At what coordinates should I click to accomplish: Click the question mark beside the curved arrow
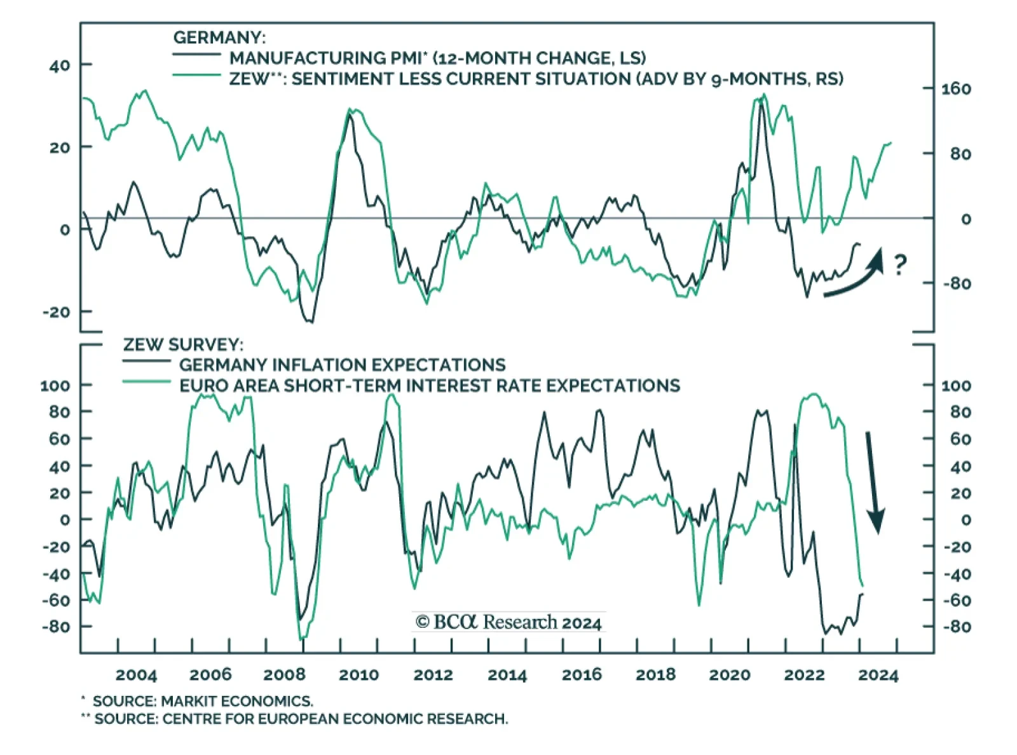tap(899, 264)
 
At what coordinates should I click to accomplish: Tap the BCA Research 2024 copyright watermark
tap(508, 622)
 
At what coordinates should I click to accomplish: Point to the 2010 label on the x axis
tap(358, 675)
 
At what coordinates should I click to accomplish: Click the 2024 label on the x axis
tap(878, 675)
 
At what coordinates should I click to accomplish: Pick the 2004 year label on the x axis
tap(136, 675)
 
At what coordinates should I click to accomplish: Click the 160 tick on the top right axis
tap(956, 89)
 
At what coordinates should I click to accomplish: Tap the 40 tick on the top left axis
tap(59, 65)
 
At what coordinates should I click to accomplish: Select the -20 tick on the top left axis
tap(57, 312)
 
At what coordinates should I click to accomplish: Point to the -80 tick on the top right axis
tap(957, 283)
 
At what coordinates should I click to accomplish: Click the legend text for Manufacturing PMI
tap(437, 58)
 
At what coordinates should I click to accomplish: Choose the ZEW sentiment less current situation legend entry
tap(536, 79)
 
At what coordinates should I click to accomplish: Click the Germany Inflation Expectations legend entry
tap(342, 365)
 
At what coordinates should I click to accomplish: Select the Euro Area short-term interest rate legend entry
tap(429, 386)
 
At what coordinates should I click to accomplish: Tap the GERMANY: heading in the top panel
tap(219, 37)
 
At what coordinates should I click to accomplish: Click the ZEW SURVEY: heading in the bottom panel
tap(183, 344)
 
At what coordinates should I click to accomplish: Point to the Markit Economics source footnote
tap(203, 702)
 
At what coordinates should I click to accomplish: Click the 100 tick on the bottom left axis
tap(56, 386)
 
